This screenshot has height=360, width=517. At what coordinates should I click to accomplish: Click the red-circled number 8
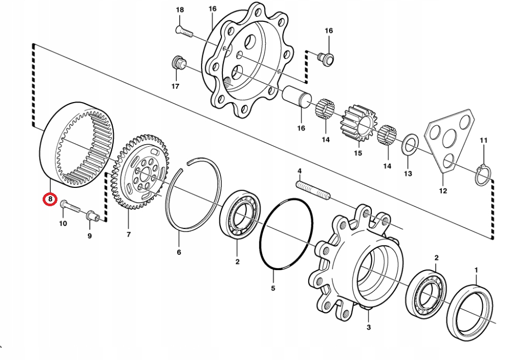pyautogui.click(x=50, y=199)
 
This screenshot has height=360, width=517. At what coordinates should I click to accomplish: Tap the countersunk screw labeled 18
pyautogui.click(x=184, y=32)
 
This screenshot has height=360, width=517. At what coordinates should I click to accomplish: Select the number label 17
pyautogui.click(x=175, y=86)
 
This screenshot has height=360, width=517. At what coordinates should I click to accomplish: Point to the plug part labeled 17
pyautogui.click(x=178, y=63)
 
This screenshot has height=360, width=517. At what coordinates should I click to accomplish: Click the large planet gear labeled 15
pyautogui.click(x=360, y=123)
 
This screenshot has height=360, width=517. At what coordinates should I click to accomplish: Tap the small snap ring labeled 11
pyautogui.click(x=482, y=175)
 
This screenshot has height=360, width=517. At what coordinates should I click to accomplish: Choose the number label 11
pyautogui.click(x=483, y=140)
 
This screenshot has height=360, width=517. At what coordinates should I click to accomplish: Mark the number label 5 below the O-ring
pyautogui.click(x=273, y=288)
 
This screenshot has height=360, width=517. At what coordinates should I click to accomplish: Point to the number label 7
pyautogui.click(x=128, y=235)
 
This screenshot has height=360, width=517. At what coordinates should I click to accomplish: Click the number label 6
pyautogui.click(x=179, y=252)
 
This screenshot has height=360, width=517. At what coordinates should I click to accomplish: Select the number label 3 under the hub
pyautogui.click(x=369, y=328)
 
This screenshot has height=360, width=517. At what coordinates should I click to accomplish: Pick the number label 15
pyautogui.click(x=358, y=153)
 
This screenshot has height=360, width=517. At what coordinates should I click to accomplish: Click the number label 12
pyautogui.click(x=443, y=191)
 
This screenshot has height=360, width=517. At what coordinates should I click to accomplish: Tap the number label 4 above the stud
pyautogui.click(x=300, y=171)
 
